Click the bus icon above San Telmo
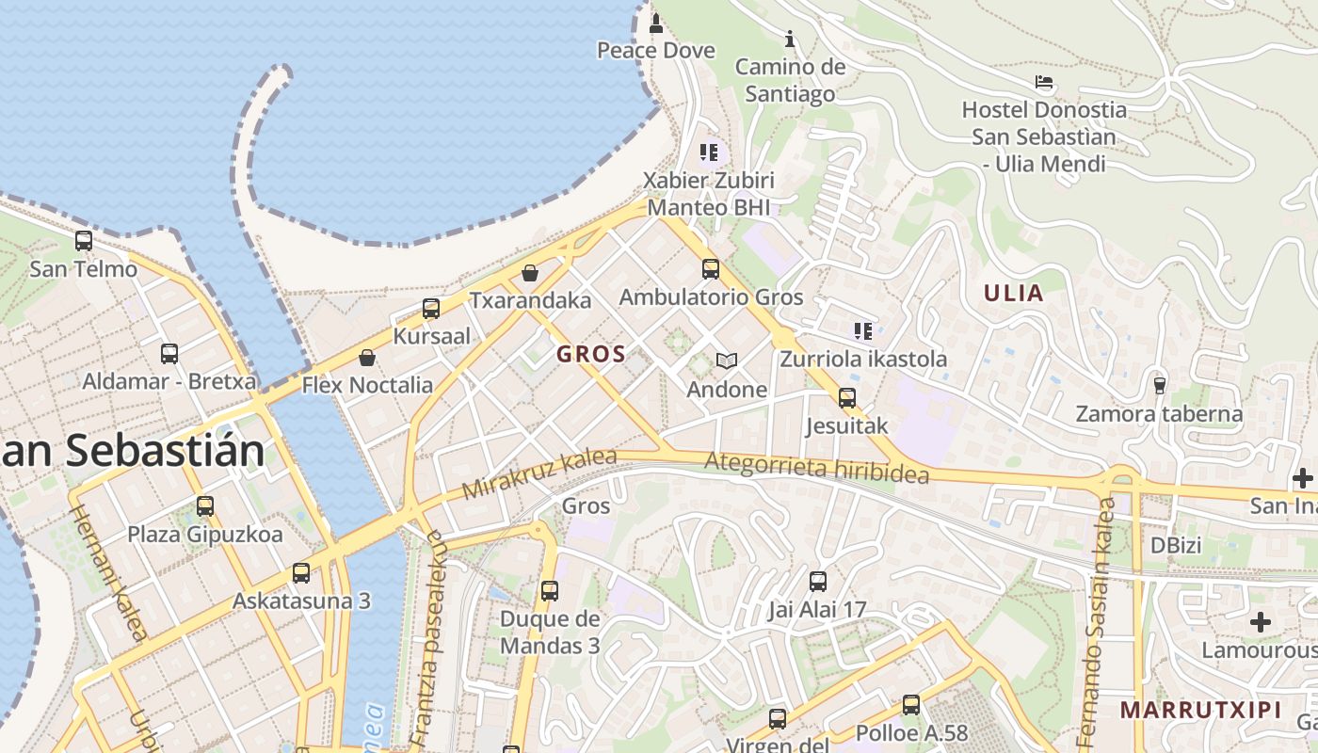point(84,241)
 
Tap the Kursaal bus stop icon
point(431,309)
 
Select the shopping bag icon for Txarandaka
point(530,273)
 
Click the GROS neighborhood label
point(591,355)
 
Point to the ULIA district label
point(1014,294)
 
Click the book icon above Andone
point(726,360)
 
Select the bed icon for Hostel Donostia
point(1044,82)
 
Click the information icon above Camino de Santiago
point(790,39)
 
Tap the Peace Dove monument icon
point(656,23)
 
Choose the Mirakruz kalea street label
point(538,474)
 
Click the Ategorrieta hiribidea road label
point(816,468)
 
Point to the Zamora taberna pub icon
point(1159,385)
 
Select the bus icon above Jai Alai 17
point(817,582)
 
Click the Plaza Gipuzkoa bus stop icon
point(205,506)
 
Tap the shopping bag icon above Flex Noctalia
point(367,358)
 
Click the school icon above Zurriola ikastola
point(863,330)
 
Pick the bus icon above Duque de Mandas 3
point(550,591)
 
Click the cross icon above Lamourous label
point(1261,622)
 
